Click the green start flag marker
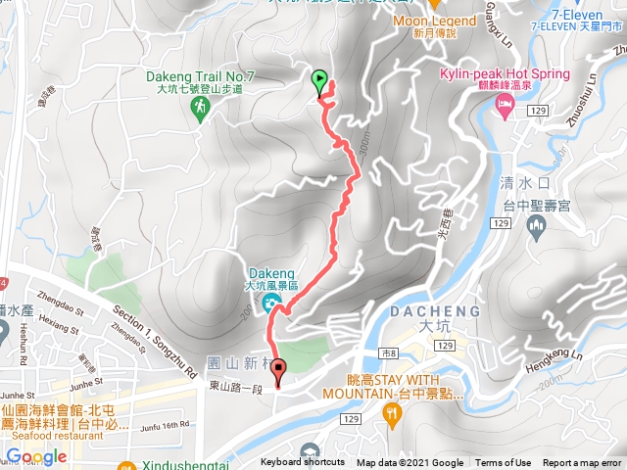(x=319, y=81)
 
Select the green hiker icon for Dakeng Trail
(x=200, y=109)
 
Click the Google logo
(x=37, y=456)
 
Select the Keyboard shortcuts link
(x=303, y=463)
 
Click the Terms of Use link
(x=504, y=463)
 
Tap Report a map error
(x=583, y=463)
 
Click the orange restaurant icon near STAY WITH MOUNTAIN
(x=393, y=416)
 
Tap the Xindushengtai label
(x=170, y=463)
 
